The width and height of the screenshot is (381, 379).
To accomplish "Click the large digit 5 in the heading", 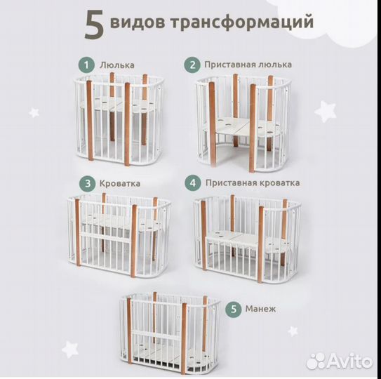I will [95, 25].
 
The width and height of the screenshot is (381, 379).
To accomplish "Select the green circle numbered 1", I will [86, 65].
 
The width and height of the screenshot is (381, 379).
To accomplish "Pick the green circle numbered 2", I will [192, 65].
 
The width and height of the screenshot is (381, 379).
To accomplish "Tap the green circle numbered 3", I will [86, 183].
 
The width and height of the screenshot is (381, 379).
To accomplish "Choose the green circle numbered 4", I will [192, 182].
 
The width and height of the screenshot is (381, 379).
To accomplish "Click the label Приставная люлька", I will [248, 65].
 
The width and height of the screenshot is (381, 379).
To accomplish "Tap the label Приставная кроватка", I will [253, 182].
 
